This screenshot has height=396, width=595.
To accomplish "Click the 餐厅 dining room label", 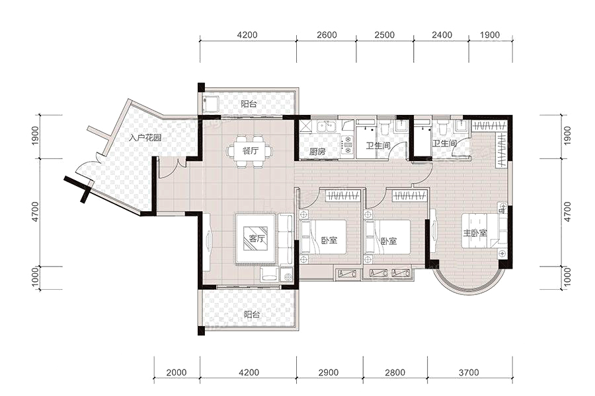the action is tap(251, 151).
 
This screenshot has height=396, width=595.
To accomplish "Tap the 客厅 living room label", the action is tap(257, 239).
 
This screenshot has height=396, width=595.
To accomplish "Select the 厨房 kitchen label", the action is tap(317, 152).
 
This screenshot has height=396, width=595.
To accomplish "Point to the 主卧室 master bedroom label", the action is tap(474, 233).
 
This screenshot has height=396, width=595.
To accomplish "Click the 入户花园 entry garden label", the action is tap(145, 137).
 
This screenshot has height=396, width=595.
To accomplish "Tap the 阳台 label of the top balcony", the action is tap(249, 104).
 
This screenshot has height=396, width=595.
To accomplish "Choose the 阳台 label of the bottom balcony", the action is tap(252, 314).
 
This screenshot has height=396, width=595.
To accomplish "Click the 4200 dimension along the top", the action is tap(247, 35).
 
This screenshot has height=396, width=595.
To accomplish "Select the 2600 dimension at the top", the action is tap(327, 35).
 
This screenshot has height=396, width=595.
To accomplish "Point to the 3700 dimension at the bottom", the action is tap(469, 372).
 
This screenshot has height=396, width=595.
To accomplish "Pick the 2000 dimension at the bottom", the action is tap(177, 372).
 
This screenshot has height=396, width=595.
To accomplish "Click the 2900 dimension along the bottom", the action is tap(328, 372).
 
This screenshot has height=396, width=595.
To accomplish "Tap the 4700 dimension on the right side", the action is tap(567, 212).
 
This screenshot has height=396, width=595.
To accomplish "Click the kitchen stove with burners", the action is tap(347, 145).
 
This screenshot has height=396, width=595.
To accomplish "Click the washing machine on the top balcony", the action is tap(210, 104).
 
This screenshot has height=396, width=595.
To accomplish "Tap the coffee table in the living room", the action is tap(256, 239).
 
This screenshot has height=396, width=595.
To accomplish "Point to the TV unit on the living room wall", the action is tap(208, 242).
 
